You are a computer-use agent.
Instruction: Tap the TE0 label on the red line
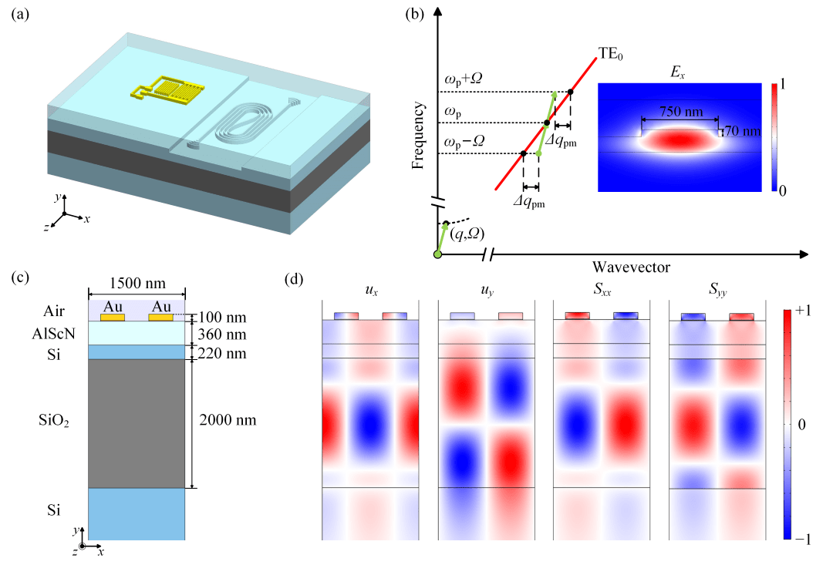tap(610, 54)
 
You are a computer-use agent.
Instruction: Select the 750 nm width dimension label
tap(681, 112)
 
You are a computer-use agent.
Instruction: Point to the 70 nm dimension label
tap(743, 130)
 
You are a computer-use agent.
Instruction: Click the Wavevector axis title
tap(631, 267)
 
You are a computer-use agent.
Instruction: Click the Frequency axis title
tap(419, 136)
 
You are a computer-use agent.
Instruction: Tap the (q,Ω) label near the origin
tap(467, 234)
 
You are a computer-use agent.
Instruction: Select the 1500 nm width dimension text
tap(137, 283)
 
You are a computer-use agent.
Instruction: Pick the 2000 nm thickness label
tap(228, 420)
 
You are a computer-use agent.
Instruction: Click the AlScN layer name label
tap(54, 334)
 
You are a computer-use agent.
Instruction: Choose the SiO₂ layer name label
tap(54, 421)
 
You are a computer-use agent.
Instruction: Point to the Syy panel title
tap(718, 290)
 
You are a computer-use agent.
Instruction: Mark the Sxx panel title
tap(602, 290)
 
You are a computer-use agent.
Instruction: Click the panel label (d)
tap(294, 279)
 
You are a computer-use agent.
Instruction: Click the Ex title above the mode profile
tap(678, 72)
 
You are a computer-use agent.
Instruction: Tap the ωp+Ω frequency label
tap(464, 79)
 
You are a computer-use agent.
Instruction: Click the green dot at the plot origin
tap(438, 254)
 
